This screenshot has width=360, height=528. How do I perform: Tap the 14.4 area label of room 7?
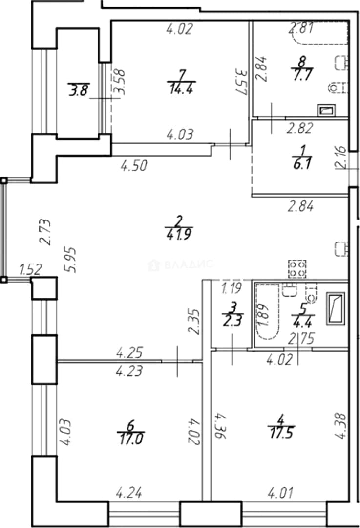pos(181,89)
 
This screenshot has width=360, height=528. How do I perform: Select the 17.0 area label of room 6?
pos(131,439)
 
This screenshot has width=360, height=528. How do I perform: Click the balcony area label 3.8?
pos(79,90)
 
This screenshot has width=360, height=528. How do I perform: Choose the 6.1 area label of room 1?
pos(302,164)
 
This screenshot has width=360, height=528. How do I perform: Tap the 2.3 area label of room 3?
pos(232,320)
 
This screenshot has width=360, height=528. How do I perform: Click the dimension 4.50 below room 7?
pos(134,166)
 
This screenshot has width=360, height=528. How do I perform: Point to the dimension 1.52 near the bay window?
pos(31,269)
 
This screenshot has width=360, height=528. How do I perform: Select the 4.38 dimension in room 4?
pos(340,426)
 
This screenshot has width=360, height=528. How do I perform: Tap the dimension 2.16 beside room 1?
pos(340,157)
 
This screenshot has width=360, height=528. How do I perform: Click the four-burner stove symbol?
pos(297,269)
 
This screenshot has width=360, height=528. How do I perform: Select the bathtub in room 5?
pos(268,311)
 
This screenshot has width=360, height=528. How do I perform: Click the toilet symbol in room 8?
pos(338,88)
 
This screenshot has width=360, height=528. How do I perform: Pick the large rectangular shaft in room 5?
pos(336,308)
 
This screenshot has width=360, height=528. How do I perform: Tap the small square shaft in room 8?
pos(326,110)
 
